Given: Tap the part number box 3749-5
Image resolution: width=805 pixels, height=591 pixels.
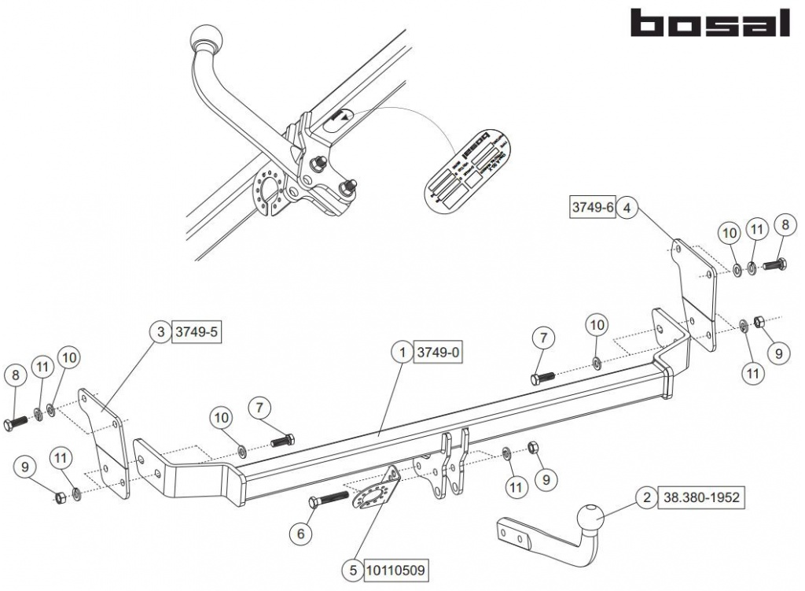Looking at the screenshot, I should (x=195, y=332).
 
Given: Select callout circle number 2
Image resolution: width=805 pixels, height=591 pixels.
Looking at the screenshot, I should (x=646, y=497).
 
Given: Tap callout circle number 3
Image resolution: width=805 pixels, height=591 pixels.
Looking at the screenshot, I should (x=160, y=332).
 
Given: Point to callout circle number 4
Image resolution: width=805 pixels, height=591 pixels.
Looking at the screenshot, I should (x=627, y=208).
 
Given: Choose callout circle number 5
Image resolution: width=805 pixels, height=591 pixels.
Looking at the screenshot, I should (x=353, y=567).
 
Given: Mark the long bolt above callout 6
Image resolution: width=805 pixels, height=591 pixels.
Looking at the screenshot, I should (x=329, y=500).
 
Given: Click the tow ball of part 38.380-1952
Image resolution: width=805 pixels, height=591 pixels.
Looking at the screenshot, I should (x=590, y=520).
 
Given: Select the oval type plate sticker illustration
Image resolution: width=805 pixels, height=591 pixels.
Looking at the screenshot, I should (x=469, y=168).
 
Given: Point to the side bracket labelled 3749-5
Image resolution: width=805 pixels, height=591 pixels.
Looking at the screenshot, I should (x=103, y=442).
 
